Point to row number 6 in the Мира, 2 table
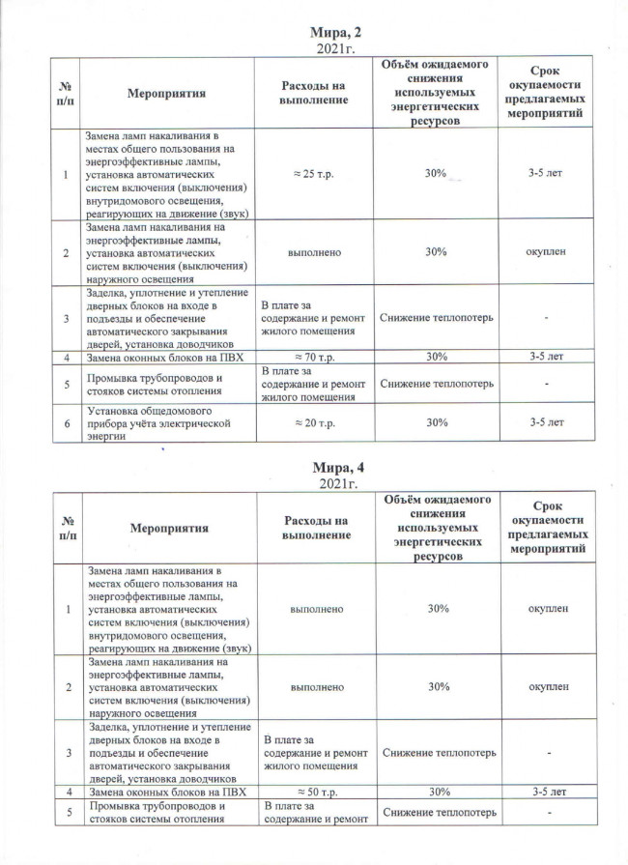[x=66, y=421]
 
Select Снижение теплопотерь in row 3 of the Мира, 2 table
[x=438, y=317]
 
